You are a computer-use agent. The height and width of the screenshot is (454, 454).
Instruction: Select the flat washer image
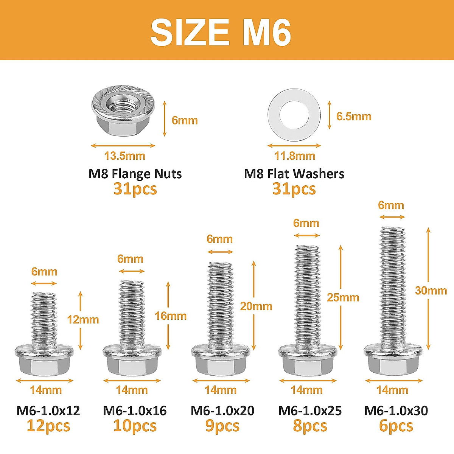coord(294,115)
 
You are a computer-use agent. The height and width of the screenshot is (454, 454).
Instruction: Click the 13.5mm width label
coord(124,156)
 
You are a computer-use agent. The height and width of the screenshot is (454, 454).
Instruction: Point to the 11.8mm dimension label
coord(294,156)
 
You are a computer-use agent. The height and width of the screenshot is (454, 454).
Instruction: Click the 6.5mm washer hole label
coord(354,117)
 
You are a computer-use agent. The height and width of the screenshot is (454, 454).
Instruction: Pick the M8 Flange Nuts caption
coord(135,174)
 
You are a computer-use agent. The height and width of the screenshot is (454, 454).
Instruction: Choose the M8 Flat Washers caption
coord(294,174)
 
